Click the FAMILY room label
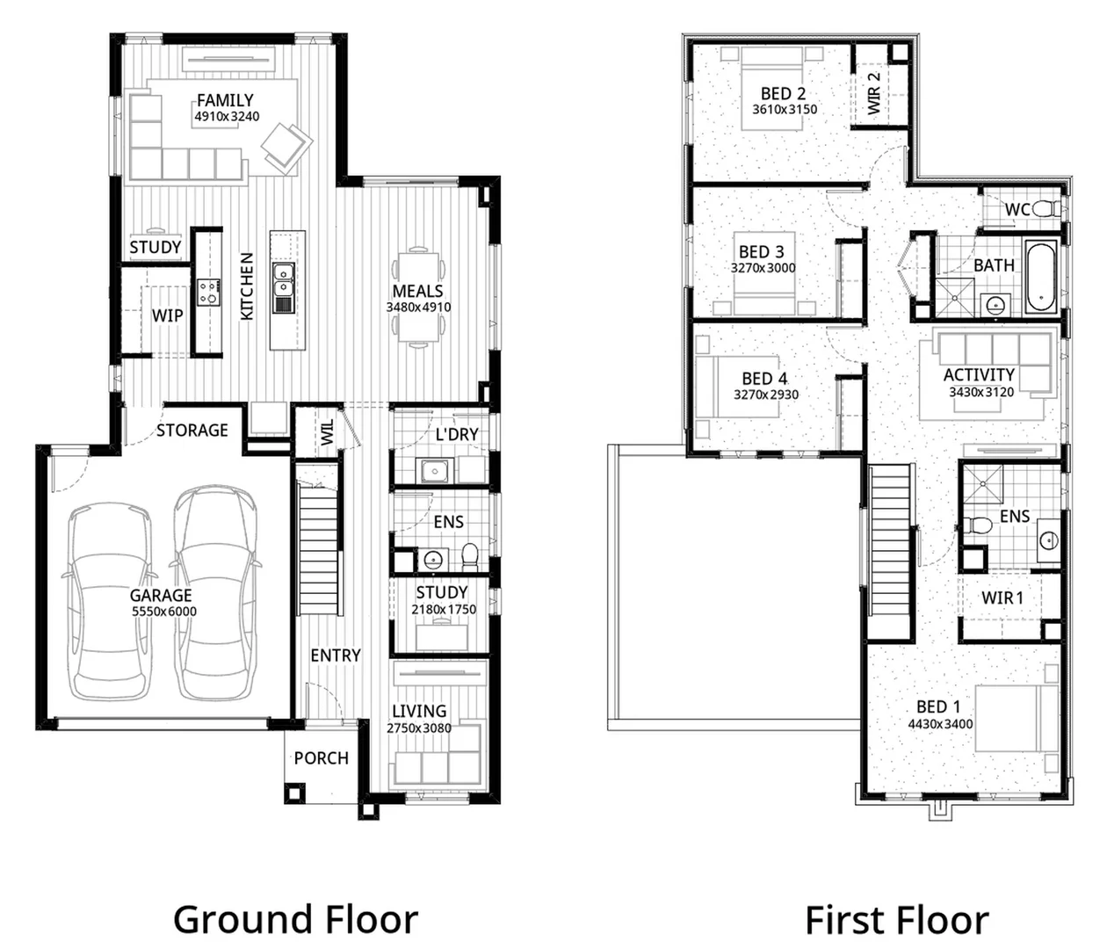(225, 100)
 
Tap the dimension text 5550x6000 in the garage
(164, 612)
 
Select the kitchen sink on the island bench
(283, 288)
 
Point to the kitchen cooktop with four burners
(208, 293)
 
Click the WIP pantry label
(167, 315)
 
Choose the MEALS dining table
(418, 297)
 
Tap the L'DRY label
(457, 434)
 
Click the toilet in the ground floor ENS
(470, 557)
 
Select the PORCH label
(322, 758)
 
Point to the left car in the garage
(111, 601)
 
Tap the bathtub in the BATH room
(1040, 277)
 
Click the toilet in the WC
(1046, 208)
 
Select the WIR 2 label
(873, 93)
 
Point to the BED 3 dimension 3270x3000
(763, 268)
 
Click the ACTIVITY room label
(979, 375)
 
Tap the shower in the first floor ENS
(983, 485)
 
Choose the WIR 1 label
(1002, 598)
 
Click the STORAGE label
(192, 430)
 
